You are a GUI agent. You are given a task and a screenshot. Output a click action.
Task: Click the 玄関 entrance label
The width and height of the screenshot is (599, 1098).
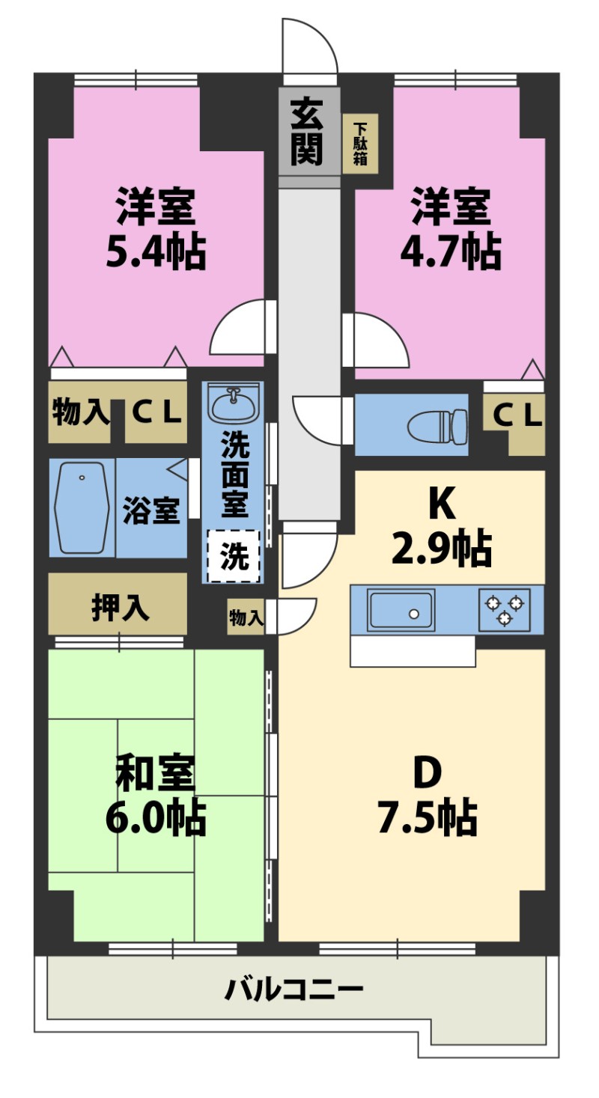coord(307,132)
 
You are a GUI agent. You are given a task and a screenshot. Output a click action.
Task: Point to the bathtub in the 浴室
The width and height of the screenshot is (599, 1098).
coord(82,507)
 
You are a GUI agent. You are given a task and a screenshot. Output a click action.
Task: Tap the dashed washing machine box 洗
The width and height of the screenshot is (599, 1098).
coord(234,556)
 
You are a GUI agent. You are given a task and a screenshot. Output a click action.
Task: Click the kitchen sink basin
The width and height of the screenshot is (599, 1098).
coord(401,609)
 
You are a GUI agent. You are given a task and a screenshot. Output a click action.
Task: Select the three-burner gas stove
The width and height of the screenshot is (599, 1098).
coord(505,609)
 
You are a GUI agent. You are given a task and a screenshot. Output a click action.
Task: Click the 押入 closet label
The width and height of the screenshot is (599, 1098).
coord(120,608)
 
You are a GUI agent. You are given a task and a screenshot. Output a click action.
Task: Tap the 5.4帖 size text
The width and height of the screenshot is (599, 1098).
coord(156,252)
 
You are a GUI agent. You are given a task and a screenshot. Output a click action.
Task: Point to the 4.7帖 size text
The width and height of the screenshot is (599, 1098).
coord(451,252)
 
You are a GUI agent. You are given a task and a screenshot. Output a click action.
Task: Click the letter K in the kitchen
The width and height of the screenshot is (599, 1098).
coord(443,503)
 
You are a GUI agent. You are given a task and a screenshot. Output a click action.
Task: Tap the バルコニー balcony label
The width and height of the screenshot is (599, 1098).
coord(294,989)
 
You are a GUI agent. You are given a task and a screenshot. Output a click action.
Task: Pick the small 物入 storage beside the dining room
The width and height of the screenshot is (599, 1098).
coord(246,617)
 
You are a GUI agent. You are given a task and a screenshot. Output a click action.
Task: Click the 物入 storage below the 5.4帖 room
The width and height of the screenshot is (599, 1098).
coord(80,412)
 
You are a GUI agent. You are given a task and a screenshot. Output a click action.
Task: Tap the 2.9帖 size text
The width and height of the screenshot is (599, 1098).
coord(442,548)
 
